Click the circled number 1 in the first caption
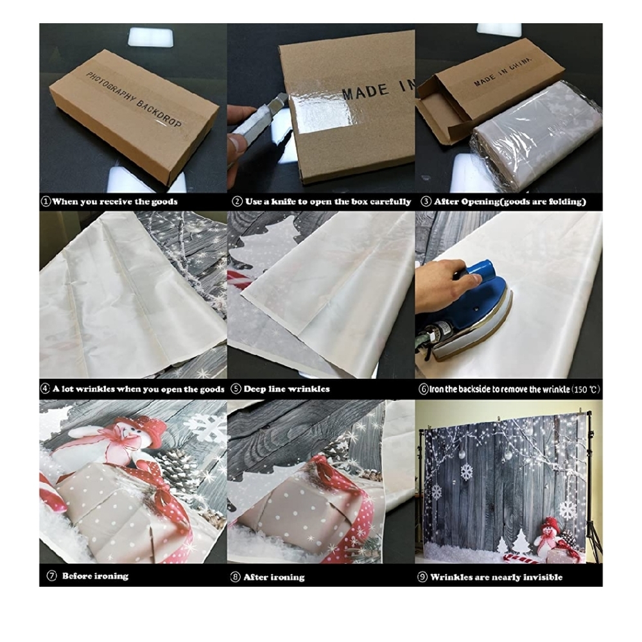pos(46,202)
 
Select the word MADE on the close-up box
pos(365,92)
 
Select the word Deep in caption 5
pos(254,389)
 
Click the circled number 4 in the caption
pos(45,388)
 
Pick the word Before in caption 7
pos(78,576)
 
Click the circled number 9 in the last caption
pos(422,577)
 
